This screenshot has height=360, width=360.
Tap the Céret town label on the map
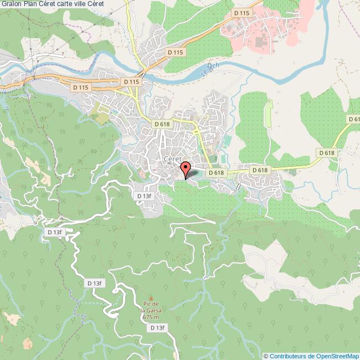click(x=174, y=158)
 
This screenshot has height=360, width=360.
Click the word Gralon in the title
click(x=12, y=5)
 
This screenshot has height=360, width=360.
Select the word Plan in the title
click(x=32, y=5)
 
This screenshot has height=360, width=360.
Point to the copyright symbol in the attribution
click(x=266, y=356)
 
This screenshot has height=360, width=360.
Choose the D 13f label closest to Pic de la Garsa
click(x=157, y=328)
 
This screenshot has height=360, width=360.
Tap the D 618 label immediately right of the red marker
click(x=215, y=173)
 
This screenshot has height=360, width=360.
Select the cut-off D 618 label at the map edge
click(x=353, y=119)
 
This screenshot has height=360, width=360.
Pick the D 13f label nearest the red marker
click(x=145, y=196)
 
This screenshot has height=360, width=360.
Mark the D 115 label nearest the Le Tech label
click(x=174, y=52)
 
